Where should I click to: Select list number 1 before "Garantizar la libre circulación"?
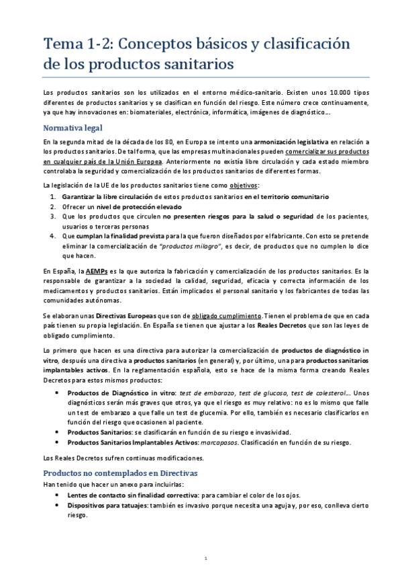[x=53, y=196]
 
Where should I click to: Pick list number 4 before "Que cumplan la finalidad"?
[x=53, y=237]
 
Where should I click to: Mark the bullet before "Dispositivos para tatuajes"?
[x=62, y=504]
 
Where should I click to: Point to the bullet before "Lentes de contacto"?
[x=62, y=493]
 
